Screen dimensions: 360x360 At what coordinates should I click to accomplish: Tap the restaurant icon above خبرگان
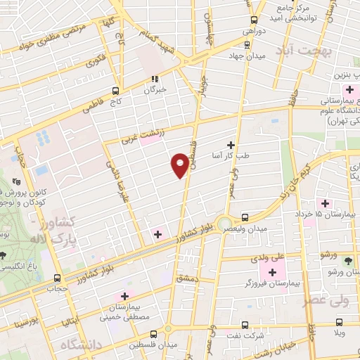(155, 78)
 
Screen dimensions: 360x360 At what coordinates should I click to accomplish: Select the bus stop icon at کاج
(116, 90)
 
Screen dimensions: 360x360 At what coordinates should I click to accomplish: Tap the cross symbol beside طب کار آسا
(231, 144)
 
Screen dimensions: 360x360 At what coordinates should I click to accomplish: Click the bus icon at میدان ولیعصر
(245, 218)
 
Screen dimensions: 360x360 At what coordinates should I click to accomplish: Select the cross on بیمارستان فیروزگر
(273, 271)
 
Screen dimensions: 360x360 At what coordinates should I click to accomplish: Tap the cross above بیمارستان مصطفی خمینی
(125, 297)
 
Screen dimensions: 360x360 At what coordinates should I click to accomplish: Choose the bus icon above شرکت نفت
(244, 325)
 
